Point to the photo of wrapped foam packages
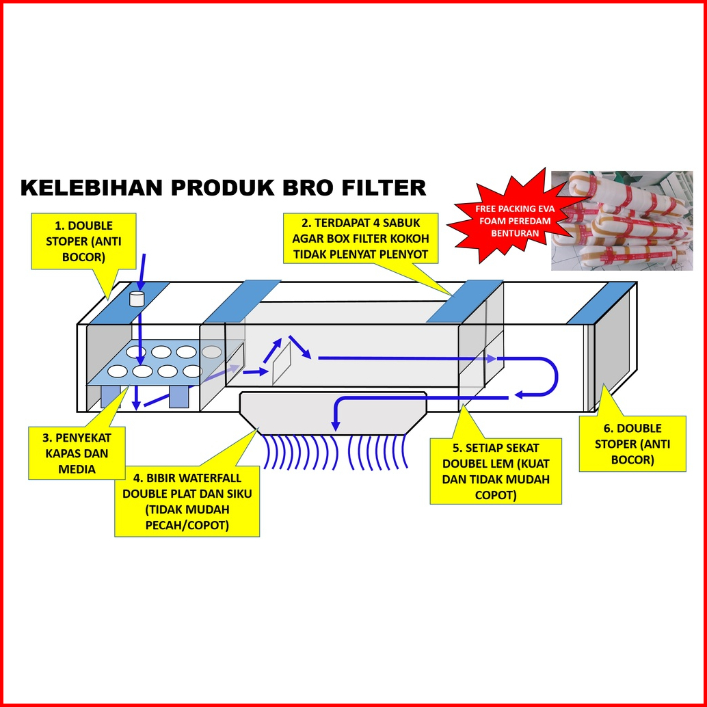pyautogui.click(x=622, y=220)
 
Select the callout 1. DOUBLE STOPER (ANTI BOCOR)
pyautogui.click(x=83, y=241)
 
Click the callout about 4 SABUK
pyautogui.click(x=361, y=239)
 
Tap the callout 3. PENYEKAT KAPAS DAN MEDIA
pyautogui.click(x=77, y=453)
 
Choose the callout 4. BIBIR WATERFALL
pyautogui.click(x=187, y=501)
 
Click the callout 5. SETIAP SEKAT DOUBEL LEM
pyautogui.click(x=496, y=471)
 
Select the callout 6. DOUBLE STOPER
pyautogui.click(x=632, y=444)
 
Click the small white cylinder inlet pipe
pyautogui.click(x=136, y=299)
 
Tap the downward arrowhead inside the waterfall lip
pyautogui.click(x=335, y=426)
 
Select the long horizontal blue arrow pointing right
pyautogui.click(x=408, y=359)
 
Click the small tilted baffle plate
pyautogui.click(x=282, y=363)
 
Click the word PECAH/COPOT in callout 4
pyautogui.click(x=187, y=525)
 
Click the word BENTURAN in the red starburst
pyautogui.click(x=515, y=234)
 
